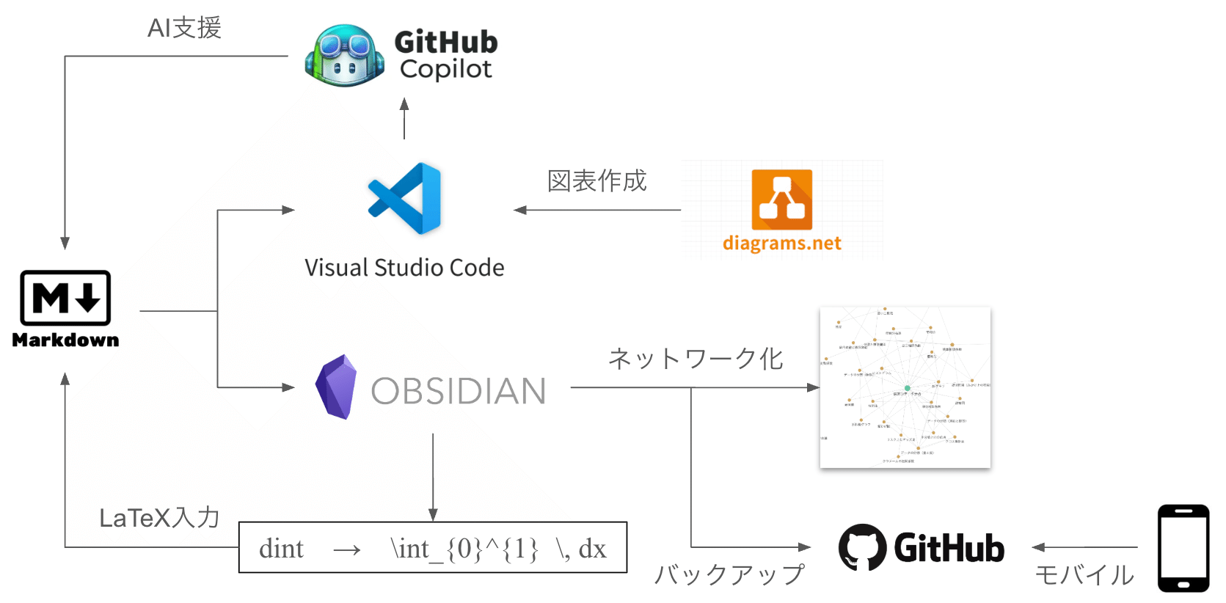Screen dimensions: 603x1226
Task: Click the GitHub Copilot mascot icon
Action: [344, 56]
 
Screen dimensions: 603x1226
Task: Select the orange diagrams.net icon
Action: [781, 200]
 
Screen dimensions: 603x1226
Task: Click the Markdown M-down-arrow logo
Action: [65, 298]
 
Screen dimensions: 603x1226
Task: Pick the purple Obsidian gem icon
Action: [336, 387]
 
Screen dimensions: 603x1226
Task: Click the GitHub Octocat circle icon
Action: [862, 547]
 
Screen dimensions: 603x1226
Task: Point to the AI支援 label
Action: [184, 28]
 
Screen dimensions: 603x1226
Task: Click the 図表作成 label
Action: [596, 180]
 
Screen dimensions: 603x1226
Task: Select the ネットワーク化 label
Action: [696, 359]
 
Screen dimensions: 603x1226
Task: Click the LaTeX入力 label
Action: [159, 518]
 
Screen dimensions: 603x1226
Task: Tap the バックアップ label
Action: [729, 574]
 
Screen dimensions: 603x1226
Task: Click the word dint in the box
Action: [281, 549]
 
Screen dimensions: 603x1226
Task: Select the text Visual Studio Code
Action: [404, 268]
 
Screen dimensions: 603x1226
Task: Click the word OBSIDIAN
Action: [459, 391]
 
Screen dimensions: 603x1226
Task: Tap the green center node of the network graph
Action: [908, 388]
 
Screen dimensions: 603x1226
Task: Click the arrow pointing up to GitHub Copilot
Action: [404, 117]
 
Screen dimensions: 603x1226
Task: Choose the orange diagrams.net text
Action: [781, 243]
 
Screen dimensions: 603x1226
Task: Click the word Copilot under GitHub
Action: [446, 69]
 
